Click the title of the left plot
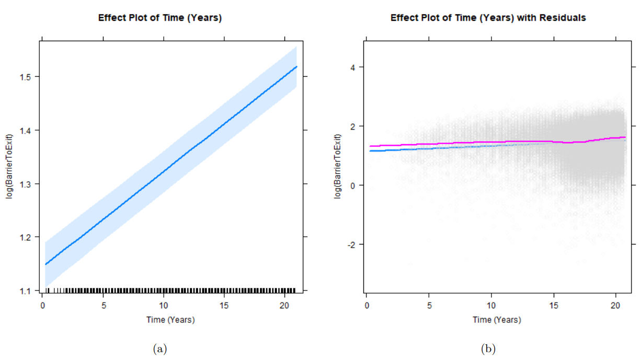click(160, 18)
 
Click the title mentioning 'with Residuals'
click(488, 18)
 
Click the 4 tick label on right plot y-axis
click(353, 67)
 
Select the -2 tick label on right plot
click(352, 245)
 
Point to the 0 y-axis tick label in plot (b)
click(353, 185)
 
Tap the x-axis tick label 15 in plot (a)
click(224, 306)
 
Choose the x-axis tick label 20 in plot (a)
click(284, 306)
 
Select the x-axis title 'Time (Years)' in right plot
click(497, 320)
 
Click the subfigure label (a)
click(159, 349)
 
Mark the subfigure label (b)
click(488, 349)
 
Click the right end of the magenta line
click(625, 137)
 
